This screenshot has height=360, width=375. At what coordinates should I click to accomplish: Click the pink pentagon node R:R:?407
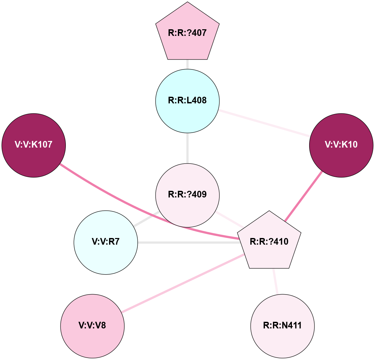187,33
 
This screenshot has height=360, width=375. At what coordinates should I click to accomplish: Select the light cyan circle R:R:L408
187,101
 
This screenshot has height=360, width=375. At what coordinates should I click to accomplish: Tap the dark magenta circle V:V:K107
34,145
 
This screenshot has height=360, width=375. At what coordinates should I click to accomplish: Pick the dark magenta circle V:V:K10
341,145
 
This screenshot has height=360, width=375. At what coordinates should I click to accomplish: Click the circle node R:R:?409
187,194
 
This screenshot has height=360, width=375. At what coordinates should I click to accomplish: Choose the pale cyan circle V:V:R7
106,242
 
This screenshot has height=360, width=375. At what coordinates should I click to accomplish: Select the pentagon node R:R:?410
269,242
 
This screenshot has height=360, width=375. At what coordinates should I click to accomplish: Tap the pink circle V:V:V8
92,326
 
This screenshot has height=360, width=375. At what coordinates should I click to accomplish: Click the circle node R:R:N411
283,326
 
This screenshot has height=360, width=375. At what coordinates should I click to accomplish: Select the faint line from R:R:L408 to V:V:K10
263,123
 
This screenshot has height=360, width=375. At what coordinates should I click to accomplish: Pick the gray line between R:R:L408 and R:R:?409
187,148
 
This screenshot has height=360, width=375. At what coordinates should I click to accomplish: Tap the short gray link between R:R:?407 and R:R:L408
187,64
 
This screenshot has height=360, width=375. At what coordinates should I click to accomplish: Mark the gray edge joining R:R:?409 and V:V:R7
146,218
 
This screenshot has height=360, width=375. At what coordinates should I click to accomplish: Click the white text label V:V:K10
341,145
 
